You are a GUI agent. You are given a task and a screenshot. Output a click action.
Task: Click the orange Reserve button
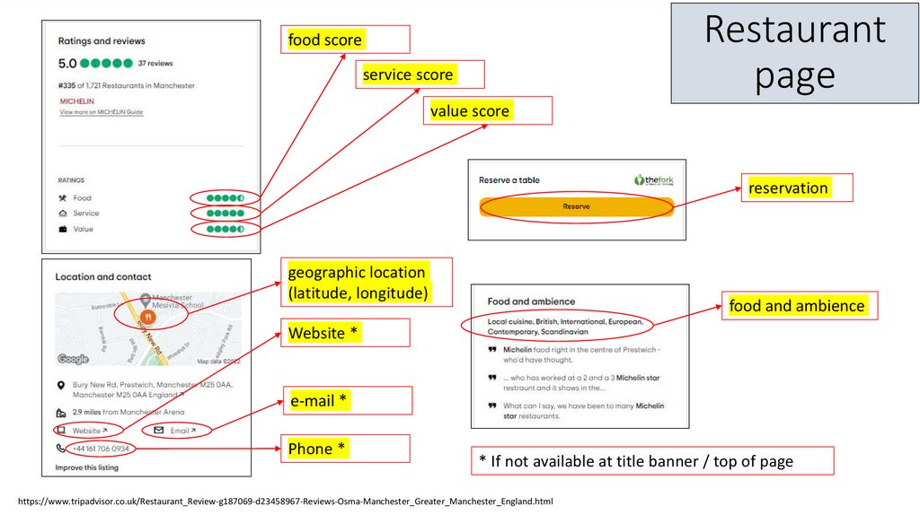576,206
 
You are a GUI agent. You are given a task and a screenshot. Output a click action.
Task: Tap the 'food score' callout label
325,40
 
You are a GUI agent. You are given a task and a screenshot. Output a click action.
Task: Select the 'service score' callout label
408,75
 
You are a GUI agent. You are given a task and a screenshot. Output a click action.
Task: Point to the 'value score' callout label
470,111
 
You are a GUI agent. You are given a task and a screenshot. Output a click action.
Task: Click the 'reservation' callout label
789,188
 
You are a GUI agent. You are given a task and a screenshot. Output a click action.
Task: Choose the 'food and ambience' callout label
797,306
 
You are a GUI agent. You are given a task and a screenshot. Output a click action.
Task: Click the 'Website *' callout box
323,334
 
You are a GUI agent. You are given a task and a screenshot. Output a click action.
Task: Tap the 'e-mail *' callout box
318,401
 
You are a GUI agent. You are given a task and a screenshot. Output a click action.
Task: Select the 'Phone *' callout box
316,449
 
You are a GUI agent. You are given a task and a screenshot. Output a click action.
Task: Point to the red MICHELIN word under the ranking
76,101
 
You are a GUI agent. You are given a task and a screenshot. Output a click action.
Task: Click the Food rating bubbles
226,197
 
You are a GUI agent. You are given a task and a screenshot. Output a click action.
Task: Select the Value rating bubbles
226,229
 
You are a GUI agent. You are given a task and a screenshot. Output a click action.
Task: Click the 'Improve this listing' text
86,467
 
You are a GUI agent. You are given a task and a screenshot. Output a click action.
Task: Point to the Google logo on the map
74,359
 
